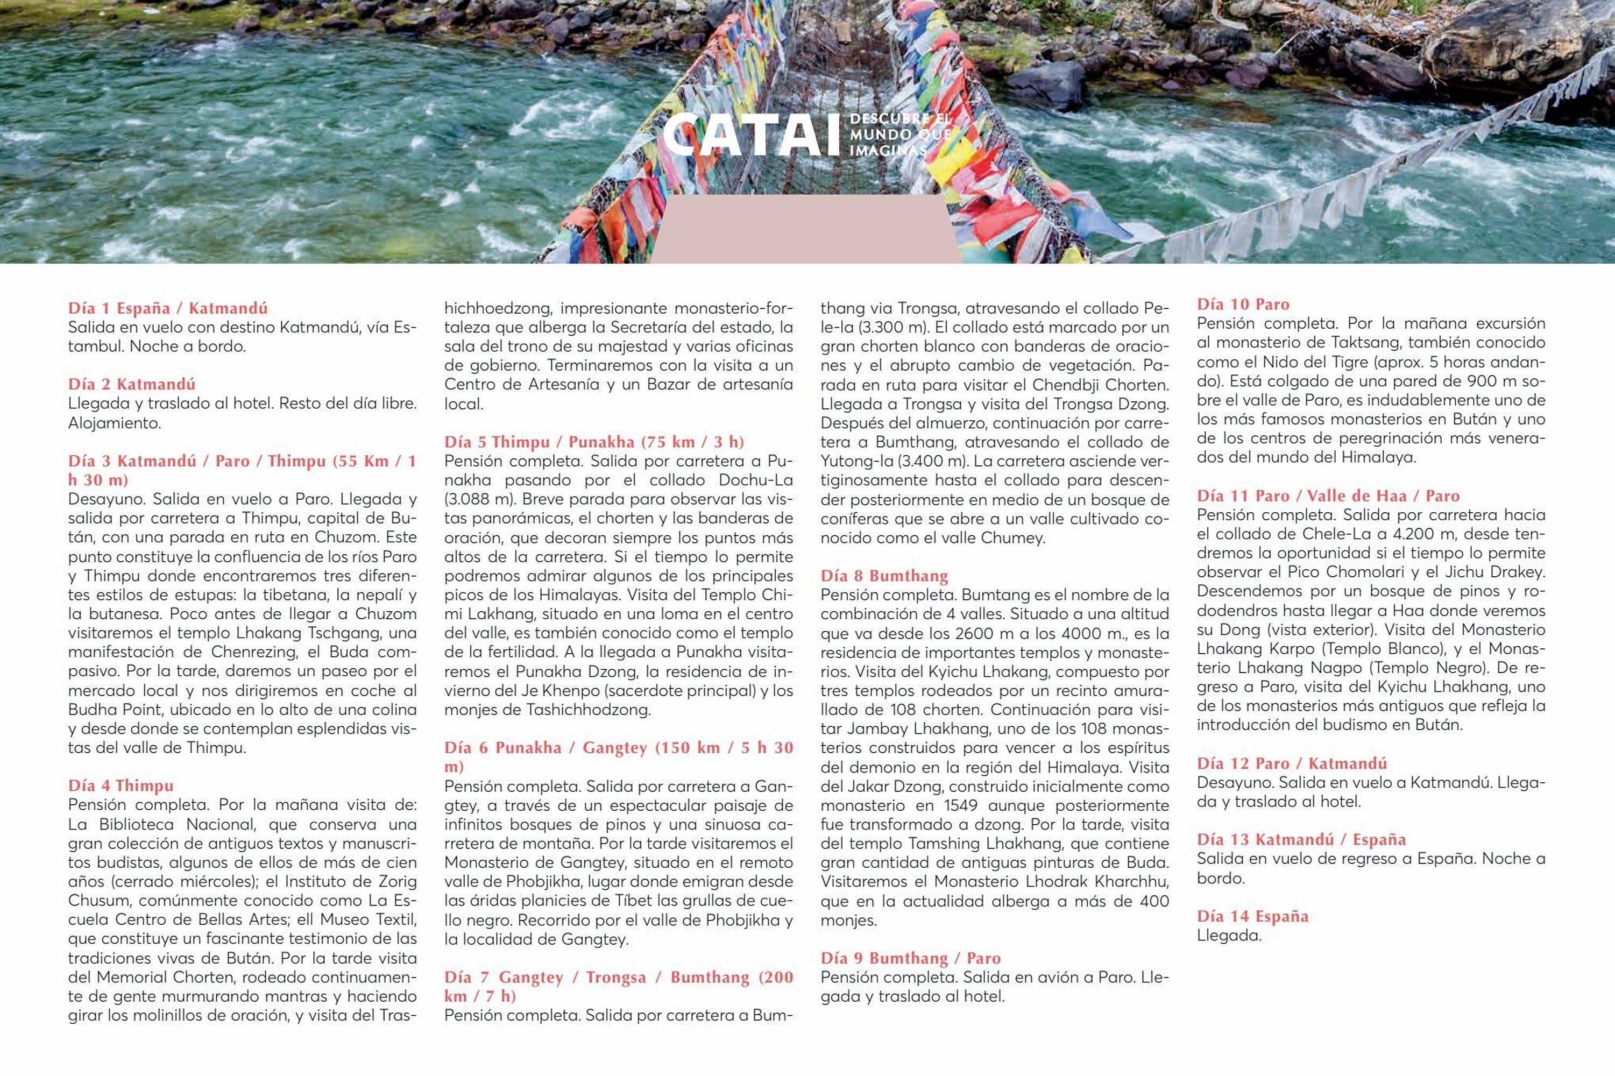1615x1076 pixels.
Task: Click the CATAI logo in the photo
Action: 751,135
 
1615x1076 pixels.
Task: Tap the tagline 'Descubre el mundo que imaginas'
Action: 899,134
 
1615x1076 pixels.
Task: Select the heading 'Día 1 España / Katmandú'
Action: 168,308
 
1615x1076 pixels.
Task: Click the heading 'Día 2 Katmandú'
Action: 132,384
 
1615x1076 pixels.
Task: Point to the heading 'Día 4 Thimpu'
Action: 121,785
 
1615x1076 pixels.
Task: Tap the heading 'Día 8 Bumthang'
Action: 884,576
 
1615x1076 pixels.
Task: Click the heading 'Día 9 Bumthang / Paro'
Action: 910,959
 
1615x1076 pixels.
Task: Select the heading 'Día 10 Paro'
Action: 1243,305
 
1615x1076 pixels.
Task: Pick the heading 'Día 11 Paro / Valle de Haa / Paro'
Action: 1328,496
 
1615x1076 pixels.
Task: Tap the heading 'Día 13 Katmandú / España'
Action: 1301,840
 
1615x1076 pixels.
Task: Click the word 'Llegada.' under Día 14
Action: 1229,936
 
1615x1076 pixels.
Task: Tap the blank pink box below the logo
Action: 805,229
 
